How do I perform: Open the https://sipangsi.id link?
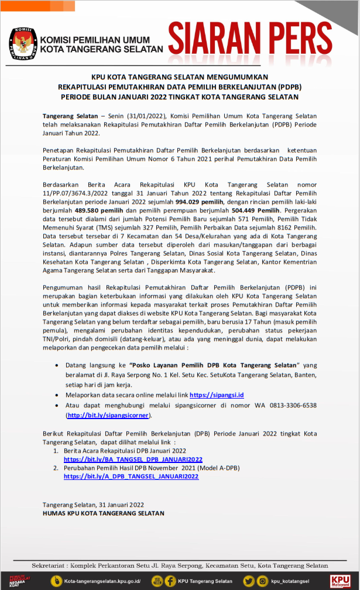[217, 395]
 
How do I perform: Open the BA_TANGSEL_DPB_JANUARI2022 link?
[133, 459]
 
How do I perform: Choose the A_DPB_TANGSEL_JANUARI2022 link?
[131, 476]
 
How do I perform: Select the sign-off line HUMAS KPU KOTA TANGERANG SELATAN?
[103, 513]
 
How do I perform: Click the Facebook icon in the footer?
[170, 581]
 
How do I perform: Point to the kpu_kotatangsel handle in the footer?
[290, 581]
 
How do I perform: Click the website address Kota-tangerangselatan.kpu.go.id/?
[102, 581]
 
